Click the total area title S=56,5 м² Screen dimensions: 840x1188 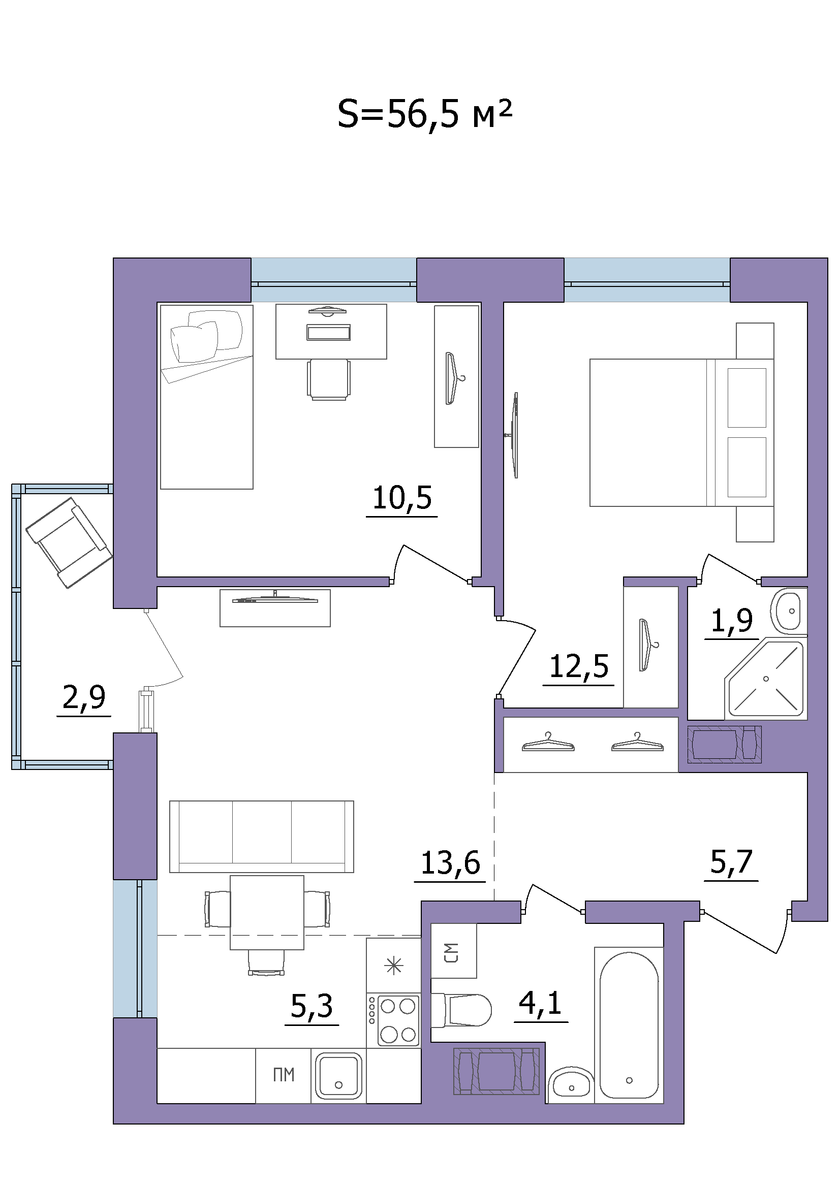coord(424,115)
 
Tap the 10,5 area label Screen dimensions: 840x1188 coord(402,498)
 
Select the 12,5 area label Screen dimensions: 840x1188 coord(579,666)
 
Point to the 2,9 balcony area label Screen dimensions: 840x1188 coord(84,697)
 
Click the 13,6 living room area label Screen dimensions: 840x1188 coord(450,863)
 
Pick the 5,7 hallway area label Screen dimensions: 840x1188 coord(731,862)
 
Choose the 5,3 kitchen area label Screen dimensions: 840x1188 coord(312,1006)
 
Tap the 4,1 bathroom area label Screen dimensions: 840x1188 coord(540,1003)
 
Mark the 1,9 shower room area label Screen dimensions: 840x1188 coord(732,621)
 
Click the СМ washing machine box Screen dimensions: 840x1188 coord(453,951)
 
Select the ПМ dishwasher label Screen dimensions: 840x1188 coord(284,1075)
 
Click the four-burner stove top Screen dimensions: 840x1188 coord(393,1019)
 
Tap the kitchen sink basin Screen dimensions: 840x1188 coord(338,1076)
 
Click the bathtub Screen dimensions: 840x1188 coord(629,1025)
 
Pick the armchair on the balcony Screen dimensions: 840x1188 coord(69,543)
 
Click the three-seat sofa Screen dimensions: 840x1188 coord(262,837)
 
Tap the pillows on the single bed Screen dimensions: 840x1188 coord(207,335)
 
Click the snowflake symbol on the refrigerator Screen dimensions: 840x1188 coord(394,966)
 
